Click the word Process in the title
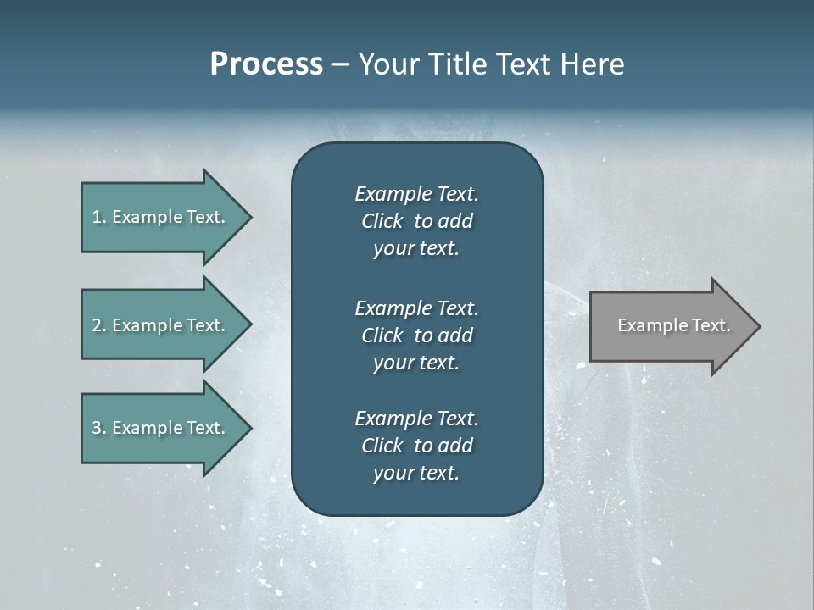click(x=266, y=64)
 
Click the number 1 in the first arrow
click(x=97, y=218)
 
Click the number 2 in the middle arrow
click(x=97, y=325)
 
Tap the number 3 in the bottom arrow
click(x=97, y=428)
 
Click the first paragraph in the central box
click(x=416, y=221)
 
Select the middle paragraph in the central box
click(x=416, y=335)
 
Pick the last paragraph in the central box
click(x=416, y=446)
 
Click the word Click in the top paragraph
click(x=382, y=221)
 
